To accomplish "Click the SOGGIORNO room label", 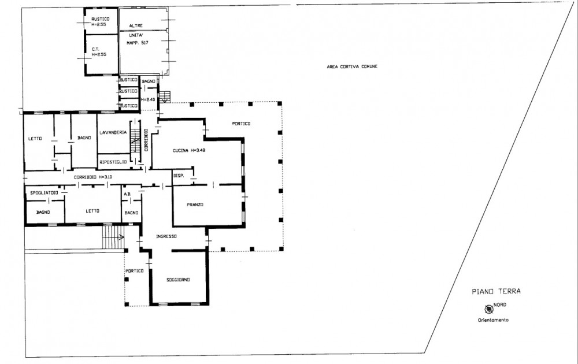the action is [178, 280].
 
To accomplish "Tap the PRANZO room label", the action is [195, 205].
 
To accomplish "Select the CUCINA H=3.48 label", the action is [189, 151].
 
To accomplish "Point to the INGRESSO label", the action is [166, 236].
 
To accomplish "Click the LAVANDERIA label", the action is [113, 133].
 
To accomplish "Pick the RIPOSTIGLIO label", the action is [113, 162].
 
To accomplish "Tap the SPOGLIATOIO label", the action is [45, 193].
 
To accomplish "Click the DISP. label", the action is [179, 176].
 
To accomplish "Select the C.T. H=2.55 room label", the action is [99, 52].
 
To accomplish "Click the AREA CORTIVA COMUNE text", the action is [352, 66].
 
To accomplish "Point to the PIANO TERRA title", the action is [496, 291].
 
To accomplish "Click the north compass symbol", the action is [489, 309].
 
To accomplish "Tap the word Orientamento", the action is [493, 320].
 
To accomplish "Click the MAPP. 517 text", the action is [138, 43].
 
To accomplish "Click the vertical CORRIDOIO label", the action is [146, 140].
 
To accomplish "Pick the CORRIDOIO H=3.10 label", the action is [93, 177].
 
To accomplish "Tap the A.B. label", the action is [128, 194].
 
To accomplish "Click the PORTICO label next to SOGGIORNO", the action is [135, 271].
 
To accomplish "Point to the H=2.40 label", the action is [148, 100].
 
